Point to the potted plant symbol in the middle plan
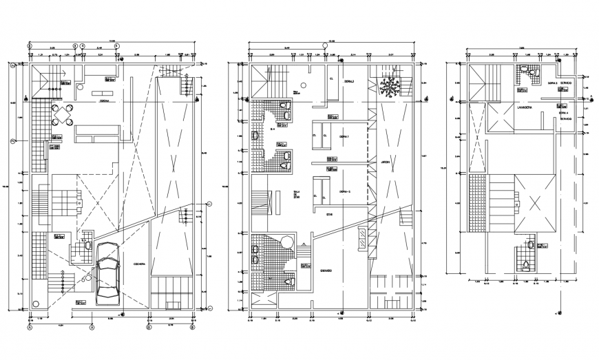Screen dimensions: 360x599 pyautogui.click(x=390, y=87)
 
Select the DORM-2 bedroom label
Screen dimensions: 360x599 pyautogui.click(x=344, y=191)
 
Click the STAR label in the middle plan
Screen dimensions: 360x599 pyautogui.click(x=329, y=214)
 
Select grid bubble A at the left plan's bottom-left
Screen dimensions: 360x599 pyautogui.click(x=30, y=328)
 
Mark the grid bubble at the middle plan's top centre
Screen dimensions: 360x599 pyautogui.click(x=325, y=46)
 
